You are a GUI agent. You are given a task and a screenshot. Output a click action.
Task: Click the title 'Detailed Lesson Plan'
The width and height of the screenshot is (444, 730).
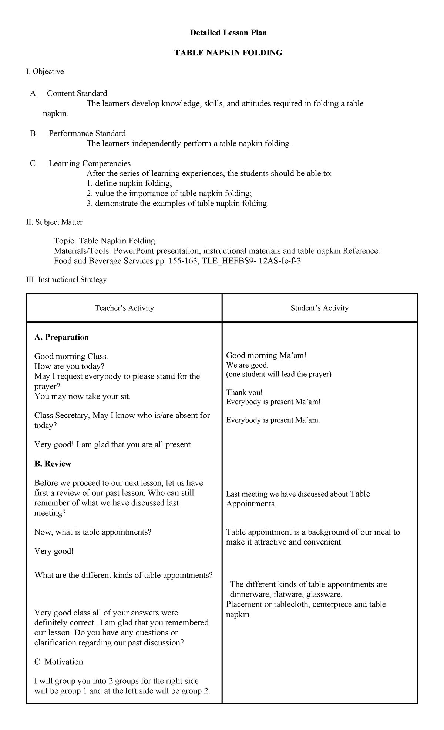[x=228, y=33]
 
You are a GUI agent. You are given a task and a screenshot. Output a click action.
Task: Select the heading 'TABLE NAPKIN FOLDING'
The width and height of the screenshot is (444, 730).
[x=228, y=53]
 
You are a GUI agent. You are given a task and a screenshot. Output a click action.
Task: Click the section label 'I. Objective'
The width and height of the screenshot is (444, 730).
[x=45, y=71]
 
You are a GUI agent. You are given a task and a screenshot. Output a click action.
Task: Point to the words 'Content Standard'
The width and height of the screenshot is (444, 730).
[x=77, y=93]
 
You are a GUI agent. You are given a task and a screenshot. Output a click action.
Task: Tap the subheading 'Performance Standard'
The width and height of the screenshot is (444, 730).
[x=87, y=133]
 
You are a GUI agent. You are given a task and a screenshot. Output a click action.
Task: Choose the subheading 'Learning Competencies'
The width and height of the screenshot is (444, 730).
[x=90, y=163]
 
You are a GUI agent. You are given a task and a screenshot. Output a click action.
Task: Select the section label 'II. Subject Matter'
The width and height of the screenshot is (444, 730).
[x=54, y=222]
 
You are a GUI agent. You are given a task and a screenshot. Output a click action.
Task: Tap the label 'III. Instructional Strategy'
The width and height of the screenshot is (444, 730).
[x=67, y=279]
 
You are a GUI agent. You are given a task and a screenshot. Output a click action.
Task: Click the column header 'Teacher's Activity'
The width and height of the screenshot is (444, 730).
[x=124, y=308]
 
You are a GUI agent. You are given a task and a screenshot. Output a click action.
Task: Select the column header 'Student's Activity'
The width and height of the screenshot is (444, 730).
[x=319, y=308]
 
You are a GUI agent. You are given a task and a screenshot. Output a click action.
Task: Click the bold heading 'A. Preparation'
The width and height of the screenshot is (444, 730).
[x=61, y=337]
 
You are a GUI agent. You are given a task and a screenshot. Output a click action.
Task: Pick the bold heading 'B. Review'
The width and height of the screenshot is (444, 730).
[x=53, y=464]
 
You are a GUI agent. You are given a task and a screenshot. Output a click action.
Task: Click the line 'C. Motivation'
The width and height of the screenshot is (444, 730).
[x=58, y=662]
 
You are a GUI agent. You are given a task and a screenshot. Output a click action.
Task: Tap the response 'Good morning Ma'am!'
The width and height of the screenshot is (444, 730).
[x=266, y=355]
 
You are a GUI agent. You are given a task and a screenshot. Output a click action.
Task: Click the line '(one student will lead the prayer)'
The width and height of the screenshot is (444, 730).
[x=279, y=374]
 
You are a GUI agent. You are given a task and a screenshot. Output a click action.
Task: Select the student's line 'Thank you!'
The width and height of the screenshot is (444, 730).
[x=244, y=393]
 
